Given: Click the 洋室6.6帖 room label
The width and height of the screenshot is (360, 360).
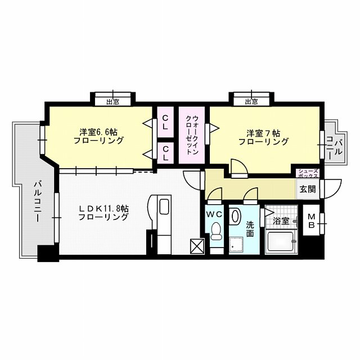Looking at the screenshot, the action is pos(98,132).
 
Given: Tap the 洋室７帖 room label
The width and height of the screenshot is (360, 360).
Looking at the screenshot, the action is pos(263,133).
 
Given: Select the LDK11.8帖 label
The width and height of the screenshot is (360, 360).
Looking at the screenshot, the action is pos(103,209).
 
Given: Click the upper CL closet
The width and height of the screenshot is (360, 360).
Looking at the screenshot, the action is pos(165,122).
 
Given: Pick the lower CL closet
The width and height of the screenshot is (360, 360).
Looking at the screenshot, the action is pos(165,153).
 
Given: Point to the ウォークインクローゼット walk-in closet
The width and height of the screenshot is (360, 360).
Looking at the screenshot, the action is pos(192,135).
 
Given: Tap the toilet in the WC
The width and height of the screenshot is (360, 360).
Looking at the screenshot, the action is pos(216,231).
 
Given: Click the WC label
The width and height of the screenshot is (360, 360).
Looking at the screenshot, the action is pos(214,214).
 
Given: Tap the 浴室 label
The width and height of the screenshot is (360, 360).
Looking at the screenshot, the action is pos(281,221).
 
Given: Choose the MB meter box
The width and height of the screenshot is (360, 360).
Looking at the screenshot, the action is pos(311,220).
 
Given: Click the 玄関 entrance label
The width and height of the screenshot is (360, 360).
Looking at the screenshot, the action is pos(308,189).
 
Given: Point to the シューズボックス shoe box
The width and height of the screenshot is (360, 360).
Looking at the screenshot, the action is pos(308,174).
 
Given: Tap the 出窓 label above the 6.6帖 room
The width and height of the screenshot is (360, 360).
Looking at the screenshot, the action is pos(112,102).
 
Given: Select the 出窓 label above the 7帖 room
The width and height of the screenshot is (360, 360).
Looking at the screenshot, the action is pos(251,102).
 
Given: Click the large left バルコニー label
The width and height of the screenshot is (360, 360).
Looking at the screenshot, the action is pos(38,202).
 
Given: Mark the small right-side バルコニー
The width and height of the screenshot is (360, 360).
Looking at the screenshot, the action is pos(335,148).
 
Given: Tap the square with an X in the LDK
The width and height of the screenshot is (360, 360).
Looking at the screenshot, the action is pos(197,246).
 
